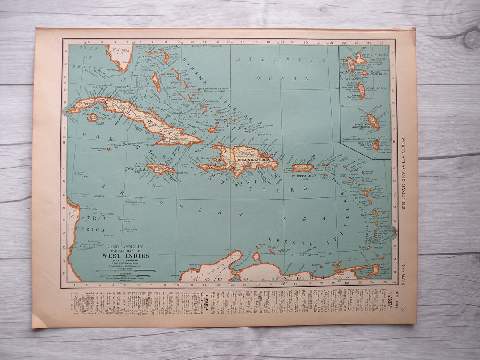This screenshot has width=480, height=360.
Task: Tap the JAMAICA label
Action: [136, 169]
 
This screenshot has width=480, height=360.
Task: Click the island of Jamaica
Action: [161, 169]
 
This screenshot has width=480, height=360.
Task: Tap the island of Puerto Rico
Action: [303, 168]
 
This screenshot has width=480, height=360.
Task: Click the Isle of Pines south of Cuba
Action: [93, 118]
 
